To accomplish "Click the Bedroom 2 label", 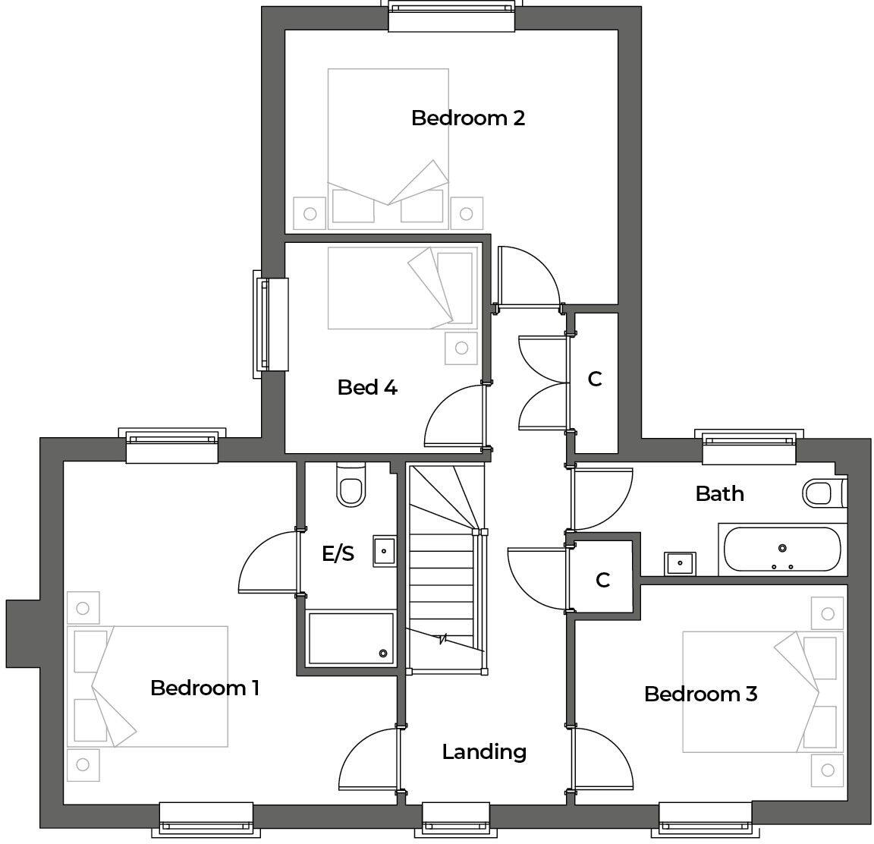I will [x=467, y=118].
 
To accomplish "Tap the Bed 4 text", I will [x=367, y=388].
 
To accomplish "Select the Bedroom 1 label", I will [x=205, y=688].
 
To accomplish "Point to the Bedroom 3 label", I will [x=700, y=694].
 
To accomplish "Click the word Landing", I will [x=484, y=751].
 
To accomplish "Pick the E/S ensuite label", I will [x=338, y=554].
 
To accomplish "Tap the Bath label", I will [x=719, y=494].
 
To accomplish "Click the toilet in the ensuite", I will [x=351, y=486].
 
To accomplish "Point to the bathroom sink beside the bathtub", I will [x=680, y=563].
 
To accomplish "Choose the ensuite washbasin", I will [x=385, y=550].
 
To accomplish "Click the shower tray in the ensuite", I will [x=351, y=638].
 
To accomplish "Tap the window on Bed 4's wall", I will [x=271, y=324].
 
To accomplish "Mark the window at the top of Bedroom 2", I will [x=451, y=16].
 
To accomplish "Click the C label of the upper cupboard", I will [x=595, y=379].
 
